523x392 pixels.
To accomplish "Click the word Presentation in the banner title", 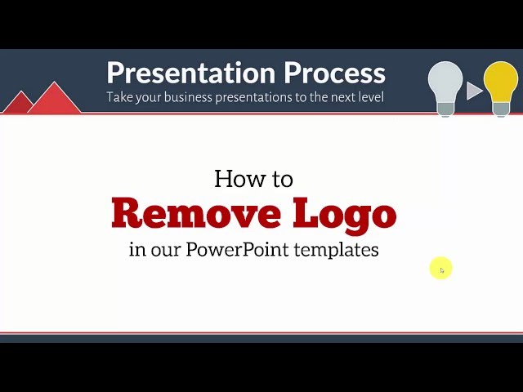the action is [x=190, y=73].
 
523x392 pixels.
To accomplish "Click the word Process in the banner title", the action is [x=334, y=73].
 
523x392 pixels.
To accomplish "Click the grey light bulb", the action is [x=445, y=88].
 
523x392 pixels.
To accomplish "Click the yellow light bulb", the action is [x=501, y=88].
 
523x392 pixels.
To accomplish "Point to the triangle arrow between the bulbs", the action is [x=474, y=91].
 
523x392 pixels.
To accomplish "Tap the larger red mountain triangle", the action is [x=55, y=100].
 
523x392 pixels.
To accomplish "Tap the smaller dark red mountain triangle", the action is [x=20, y=103].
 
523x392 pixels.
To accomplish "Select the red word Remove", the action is [x=196, y=212].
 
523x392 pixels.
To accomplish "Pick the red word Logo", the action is [x=345, y=215].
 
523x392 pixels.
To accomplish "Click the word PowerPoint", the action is [x=237, y=249].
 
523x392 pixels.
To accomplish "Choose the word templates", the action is [x=336, y=250].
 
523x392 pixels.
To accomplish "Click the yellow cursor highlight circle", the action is [x=440, y=268].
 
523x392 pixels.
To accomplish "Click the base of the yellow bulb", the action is [x=501, y=109].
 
